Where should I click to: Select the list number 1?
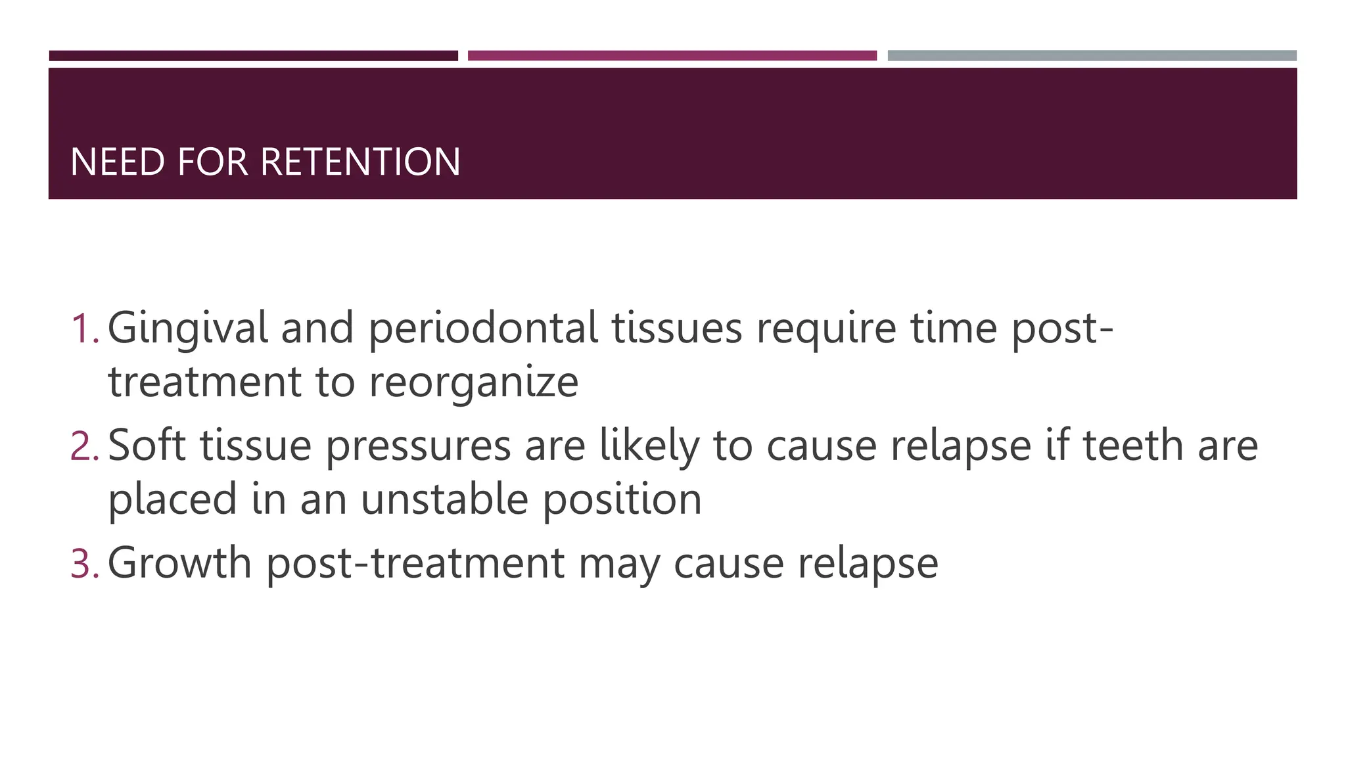(x=83, y=329)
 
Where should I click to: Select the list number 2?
(x=83, y=446)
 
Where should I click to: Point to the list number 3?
(x=83, y=563)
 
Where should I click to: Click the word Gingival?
(x=188, y=329)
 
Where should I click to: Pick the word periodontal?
(x=483, y=329)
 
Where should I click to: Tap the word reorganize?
(x=473, y=382)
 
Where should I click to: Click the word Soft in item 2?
(x=147, y=446)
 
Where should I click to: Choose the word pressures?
(x=418, y=446)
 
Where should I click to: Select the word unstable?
(x=444, y=499)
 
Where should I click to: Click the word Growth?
(x=179, y=563)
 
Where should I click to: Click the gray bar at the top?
(x=1092, y=56)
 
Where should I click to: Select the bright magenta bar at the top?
(x=672, y=56)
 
